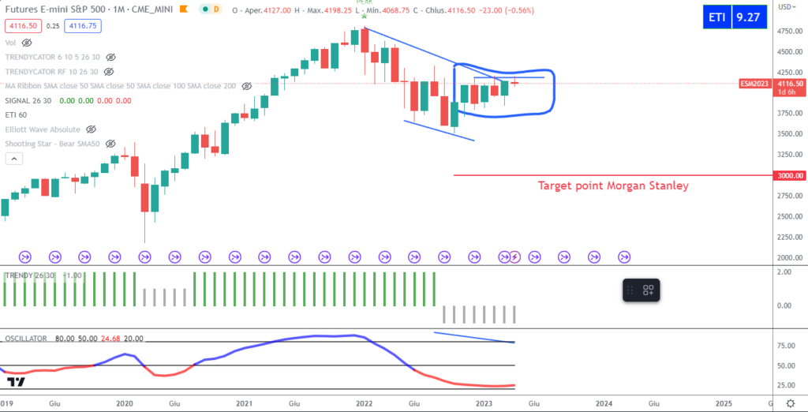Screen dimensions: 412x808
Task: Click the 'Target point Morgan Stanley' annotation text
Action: [x=613, y=186]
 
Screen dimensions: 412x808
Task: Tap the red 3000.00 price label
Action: [x=790, y=175]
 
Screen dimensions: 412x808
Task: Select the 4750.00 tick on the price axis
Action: [x=788, y=32]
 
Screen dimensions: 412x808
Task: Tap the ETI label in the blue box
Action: [x=718, y=17]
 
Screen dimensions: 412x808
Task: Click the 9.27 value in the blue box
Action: [x=749, y=17]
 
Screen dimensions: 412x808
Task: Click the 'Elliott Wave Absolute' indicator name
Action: [x=43, y=129]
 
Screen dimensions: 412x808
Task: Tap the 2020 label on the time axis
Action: [x=124, y=403]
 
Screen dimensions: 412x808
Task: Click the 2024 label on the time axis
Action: [x=604, y=403]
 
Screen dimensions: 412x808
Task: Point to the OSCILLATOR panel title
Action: [x=26, y=338]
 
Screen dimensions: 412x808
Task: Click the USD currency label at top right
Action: [x=787, y=6]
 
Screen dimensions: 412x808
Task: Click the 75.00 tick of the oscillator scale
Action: [x=786, y=346]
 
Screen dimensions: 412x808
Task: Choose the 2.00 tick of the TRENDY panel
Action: [x=785, y=272]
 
